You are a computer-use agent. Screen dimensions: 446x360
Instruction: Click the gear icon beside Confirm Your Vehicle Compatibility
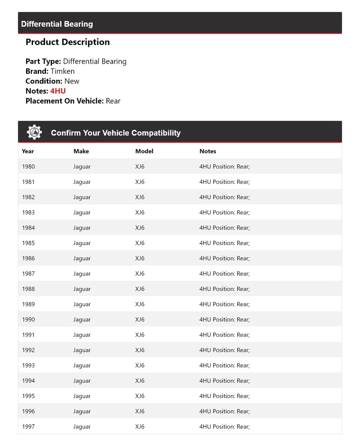(34, 132)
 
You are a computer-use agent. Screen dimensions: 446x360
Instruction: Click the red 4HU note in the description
(58, 91)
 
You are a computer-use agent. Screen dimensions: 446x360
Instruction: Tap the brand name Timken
(62, 71)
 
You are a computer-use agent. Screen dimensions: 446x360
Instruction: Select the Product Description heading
(68, 42)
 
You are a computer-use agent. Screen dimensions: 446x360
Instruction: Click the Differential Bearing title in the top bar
(57, 24)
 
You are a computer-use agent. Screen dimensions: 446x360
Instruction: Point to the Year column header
(28, 151)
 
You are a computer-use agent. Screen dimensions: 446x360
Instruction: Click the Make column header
(81, 151)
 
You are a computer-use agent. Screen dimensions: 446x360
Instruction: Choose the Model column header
(144, 151)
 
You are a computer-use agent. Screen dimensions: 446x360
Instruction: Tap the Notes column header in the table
(208, 151)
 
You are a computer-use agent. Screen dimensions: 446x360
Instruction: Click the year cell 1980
(28, 166)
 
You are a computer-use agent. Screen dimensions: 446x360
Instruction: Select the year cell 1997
(28, 426)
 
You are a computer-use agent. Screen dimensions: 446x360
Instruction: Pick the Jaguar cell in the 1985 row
(82, 243)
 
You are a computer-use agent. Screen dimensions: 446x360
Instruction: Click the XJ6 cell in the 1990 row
(140, 320)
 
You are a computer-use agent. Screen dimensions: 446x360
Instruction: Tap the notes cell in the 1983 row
(224, 212)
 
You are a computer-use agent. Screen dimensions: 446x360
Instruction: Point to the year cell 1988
(28, 289)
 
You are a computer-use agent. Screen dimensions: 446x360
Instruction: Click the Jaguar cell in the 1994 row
(82, 380)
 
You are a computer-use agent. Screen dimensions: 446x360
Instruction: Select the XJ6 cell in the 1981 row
(140, 182)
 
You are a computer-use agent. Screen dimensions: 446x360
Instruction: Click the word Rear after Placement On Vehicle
(113, 101)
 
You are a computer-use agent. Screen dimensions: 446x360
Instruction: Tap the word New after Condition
(72, 81)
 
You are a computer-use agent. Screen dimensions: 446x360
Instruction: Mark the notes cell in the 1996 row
(224, 411)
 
